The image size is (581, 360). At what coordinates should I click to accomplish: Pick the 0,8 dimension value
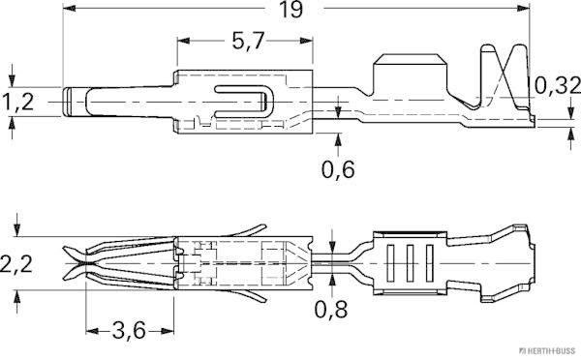pos(333,312)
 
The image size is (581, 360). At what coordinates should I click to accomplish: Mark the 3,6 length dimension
pos(128,331)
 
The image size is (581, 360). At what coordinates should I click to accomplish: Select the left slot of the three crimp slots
pos(392,263)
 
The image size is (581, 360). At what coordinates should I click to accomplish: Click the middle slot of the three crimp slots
pos(409,263)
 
